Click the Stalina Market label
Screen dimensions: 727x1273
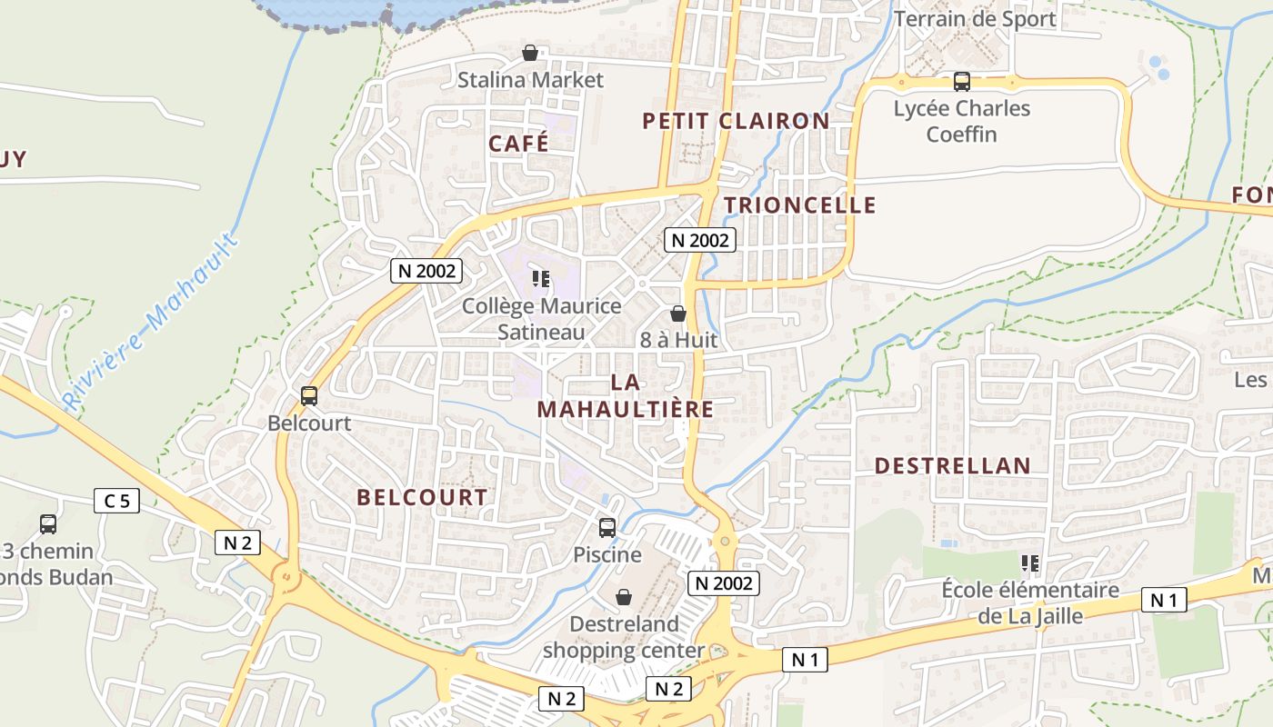[530, 80]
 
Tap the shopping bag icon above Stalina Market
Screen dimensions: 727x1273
[529, 54]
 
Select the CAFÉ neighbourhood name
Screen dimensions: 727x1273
[518, 144]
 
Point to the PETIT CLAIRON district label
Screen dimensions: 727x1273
[736, 121]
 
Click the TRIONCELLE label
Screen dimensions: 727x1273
[800, 205]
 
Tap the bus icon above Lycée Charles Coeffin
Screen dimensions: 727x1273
[961, 82]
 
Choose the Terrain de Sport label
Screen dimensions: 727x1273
[975, 19]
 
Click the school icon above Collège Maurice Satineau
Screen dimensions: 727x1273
[541, 279]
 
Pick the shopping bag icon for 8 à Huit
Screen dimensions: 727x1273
[677, 314]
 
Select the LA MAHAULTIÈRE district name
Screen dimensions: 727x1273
[626, 395]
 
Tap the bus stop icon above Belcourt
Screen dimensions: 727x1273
[309, 396]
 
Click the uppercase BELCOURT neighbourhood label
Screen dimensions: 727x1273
[422, 497]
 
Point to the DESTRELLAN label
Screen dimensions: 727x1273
[953, 466]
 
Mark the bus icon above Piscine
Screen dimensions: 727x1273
[606, 527]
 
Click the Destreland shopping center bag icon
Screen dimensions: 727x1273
[624, 597]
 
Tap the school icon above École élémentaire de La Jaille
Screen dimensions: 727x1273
[1030, 563]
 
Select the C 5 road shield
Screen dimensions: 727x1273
[116, 500]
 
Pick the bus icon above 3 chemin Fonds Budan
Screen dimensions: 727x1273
[47, 523]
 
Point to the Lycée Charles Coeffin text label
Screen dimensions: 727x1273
[961, 122]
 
